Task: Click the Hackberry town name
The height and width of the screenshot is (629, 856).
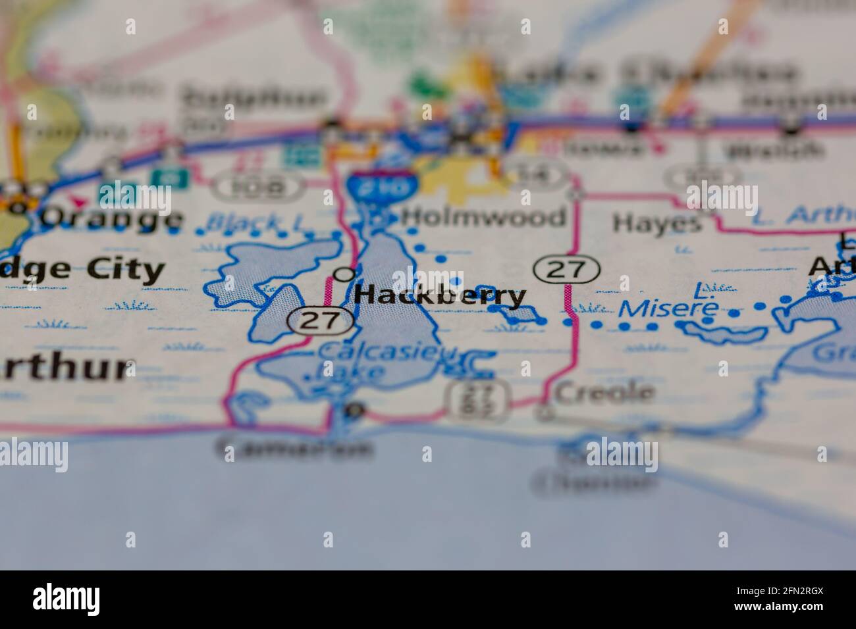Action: (440, 295)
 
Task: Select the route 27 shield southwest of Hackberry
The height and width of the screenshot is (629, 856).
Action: (321, 320)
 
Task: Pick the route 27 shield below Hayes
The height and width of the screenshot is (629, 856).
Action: (566, 269)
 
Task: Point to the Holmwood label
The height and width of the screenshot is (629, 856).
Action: (483, 216)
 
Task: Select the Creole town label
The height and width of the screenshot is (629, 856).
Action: (604, 393)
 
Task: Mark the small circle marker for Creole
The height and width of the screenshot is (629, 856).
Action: (544, 413)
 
